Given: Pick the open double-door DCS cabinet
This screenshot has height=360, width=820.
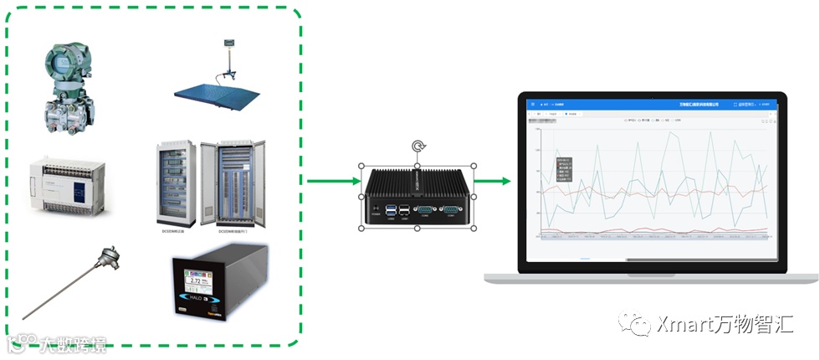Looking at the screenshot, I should coord(241,181).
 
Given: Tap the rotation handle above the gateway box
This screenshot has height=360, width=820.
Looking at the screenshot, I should coord(418,148).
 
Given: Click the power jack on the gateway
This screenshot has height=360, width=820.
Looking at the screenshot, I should coord(375,208).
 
